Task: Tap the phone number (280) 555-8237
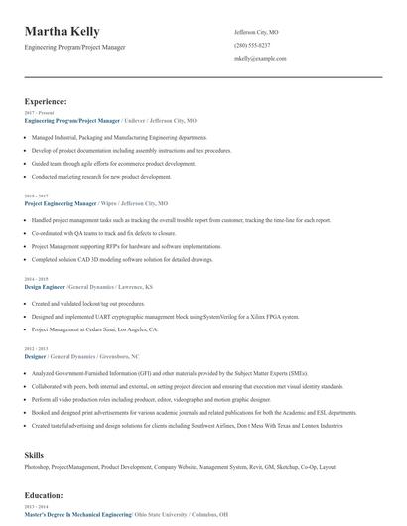tap(254, 46)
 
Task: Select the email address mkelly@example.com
tap(260, 59)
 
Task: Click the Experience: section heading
tap(46, 101)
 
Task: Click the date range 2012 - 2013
tap(35, 349)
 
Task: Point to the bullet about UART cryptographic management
tap(165, 316)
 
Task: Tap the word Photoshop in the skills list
tap(39, 466)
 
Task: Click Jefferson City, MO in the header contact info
tap(256, 32)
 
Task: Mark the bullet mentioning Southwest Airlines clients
tap(187, 424)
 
